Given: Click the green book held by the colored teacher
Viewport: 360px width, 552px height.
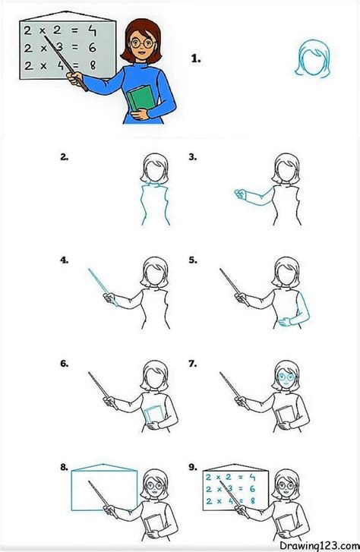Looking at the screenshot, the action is [x=141, y=99].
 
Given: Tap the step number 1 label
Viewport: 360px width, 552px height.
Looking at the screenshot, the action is [x=196, y=58].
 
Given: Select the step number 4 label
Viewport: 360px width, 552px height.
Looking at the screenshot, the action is [x=64, y=260].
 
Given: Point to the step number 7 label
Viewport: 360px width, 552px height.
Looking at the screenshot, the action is [x=193, y=363].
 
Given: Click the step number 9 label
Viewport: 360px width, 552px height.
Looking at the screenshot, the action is [x=193, y=467].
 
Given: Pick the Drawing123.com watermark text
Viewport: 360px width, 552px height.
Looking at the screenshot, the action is [x=319, y=545].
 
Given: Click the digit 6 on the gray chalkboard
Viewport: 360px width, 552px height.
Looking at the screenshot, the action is [x=93, y=47].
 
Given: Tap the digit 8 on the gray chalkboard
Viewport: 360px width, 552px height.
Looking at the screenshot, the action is [x=93, y=65].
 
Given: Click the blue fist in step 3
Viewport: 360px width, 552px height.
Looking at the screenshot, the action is [x=240, y=194].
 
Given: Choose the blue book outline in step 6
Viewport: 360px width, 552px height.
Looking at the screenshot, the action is [x=153, y=415].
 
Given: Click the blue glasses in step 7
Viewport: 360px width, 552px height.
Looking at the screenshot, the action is [x=286, y=377].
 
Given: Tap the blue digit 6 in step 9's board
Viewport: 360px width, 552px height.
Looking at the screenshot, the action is [x=252, y=489].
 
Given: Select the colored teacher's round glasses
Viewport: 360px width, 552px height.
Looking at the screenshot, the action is [x=142, y=43].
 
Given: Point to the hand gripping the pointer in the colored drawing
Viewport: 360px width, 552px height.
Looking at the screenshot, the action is [x=74, y=78].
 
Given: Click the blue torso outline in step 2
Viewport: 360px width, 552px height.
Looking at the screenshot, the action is [x=156, y=204].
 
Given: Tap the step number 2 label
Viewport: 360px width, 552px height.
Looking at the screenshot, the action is [x=64, y=157].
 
